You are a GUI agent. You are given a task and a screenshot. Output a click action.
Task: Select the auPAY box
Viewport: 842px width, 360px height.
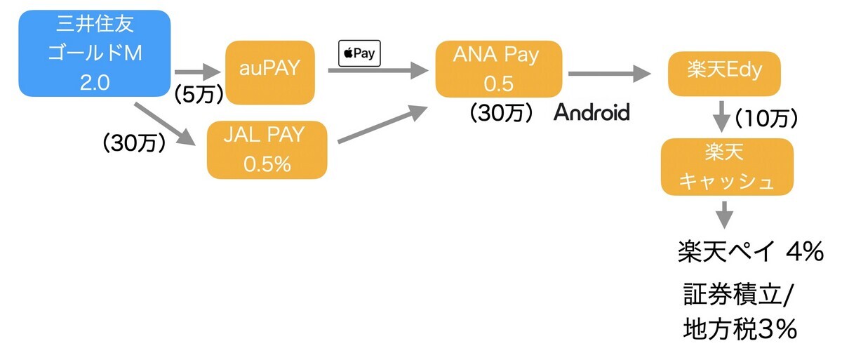coord(270,69)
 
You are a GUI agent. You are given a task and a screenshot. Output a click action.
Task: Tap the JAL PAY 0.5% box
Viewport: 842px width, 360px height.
coord(267,149)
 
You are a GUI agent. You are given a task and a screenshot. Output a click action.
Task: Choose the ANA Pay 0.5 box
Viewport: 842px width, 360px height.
coord(498,69)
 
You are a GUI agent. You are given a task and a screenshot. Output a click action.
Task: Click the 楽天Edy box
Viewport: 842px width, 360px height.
coord(726,72)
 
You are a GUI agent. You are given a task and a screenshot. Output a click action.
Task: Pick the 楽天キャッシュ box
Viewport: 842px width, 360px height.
coord(727,166)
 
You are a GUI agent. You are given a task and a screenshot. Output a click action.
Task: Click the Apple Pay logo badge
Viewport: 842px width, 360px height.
coord(359,53)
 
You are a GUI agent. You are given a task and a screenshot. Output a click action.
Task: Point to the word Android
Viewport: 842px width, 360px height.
coord(592,112)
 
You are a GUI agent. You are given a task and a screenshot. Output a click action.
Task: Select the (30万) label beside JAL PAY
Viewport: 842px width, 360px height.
coord(135,143)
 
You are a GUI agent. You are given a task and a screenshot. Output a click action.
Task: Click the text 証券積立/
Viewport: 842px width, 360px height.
coord(737,295)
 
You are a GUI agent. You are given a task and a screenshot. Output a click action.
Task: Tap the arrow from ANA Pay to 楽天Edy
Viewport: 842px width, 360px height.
coord(609,72)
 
